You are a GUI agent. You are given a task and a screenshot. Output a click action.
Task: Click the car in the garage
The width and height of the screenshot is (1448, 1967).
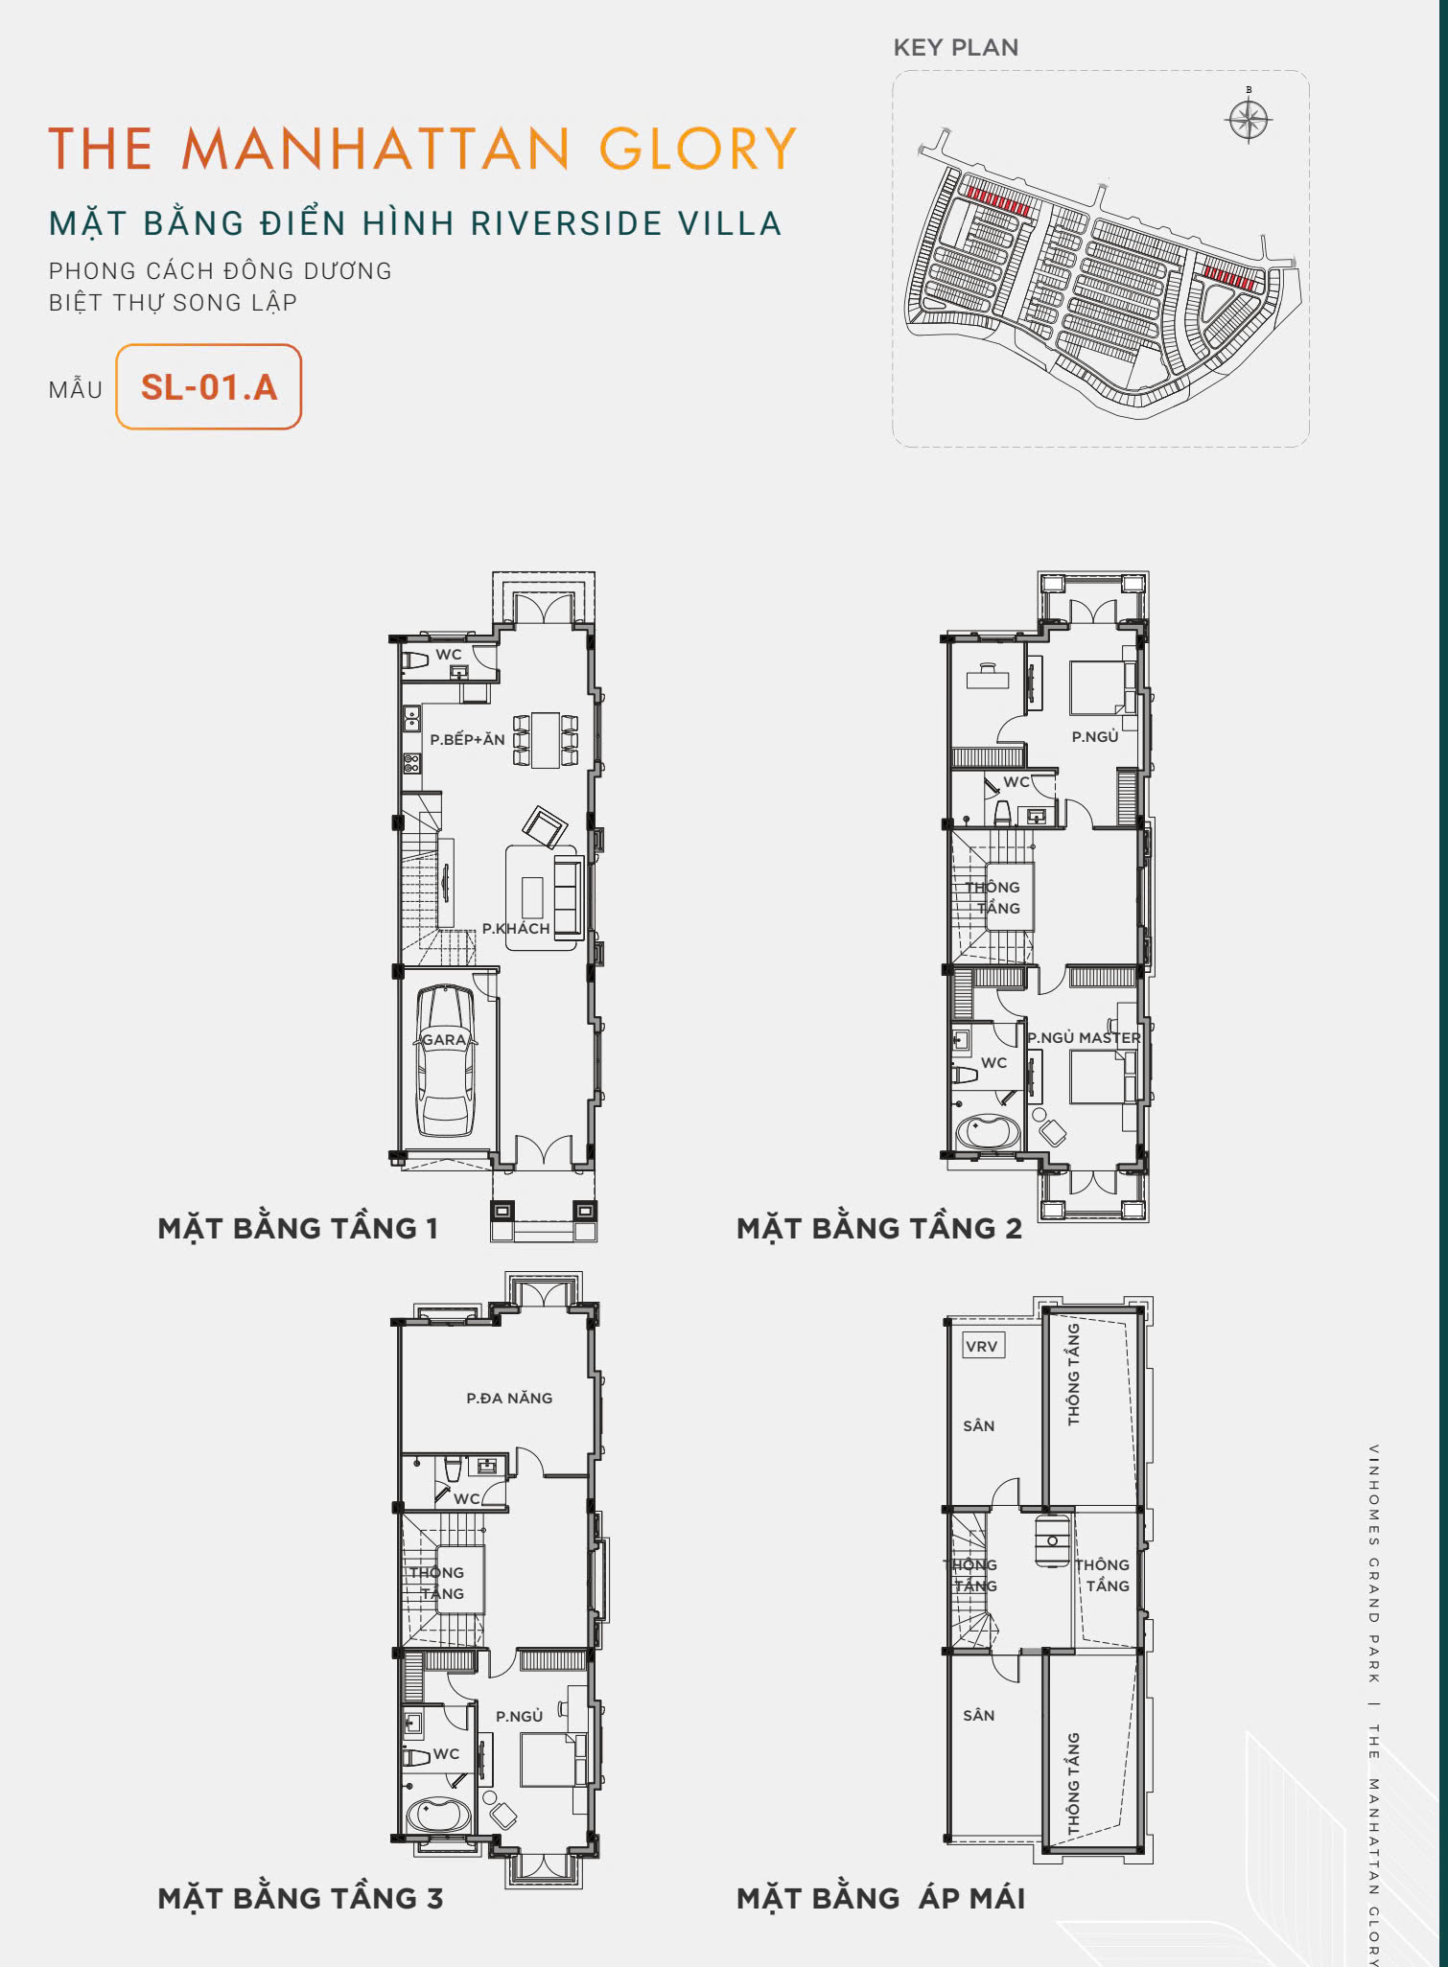445,1061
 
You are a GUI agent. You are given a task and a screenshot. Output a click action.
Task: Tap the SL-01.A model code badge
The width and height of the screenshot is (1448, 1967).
209,387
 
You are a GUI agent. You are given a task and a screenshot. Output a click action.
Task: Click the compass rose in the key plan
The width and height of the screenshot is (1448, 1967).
1249,119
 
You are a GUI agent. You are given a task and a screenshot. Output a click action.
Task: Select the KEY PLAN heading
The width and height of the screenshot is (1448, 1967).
956,47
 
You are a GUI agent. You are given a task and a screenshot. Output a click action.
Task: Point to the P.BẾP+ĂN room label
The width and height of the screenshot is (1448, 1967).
467,739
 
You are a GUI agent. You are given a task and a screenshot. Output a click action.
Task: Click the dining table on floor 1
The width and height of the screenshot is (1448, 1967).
546,739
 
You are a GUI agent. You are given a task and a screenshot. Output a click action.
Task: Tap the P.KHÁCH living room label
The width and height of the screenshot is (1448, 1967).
516,928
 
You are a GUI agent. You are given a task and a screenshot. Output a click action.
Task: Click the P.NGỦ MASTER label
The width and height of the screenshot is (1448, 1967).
1085,1037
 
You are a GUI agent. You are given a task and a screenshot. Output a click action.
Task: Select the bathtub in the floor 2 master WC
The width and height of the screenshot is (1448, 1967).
989,1132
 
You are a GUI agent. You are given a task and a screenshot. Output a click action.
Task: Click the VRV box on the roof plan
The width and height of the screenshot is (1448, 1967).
982,1346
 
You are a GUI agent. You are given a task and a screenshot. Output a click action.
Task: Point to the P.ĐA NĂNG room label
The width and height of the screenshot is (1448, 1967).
509,1399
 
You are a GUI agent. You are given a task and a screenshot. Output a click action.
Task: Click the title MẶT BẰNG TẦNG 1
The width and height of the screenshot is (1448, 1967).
297,1228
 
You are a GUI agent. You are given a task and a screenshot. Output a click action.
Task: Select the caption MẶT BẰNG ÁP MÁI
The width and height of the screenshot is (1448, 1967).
880,1898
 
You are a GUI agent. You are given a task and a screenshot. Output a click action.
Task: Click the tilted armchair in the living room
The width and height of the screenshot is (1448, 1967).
545,827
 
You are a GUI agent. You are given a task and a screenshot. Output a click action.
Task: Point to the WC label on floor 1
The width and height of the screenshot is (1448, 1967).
449,655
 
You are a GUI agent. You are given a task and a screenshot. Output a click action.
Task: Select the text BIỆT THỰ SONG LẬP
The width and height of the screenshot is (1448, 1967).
173,303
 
